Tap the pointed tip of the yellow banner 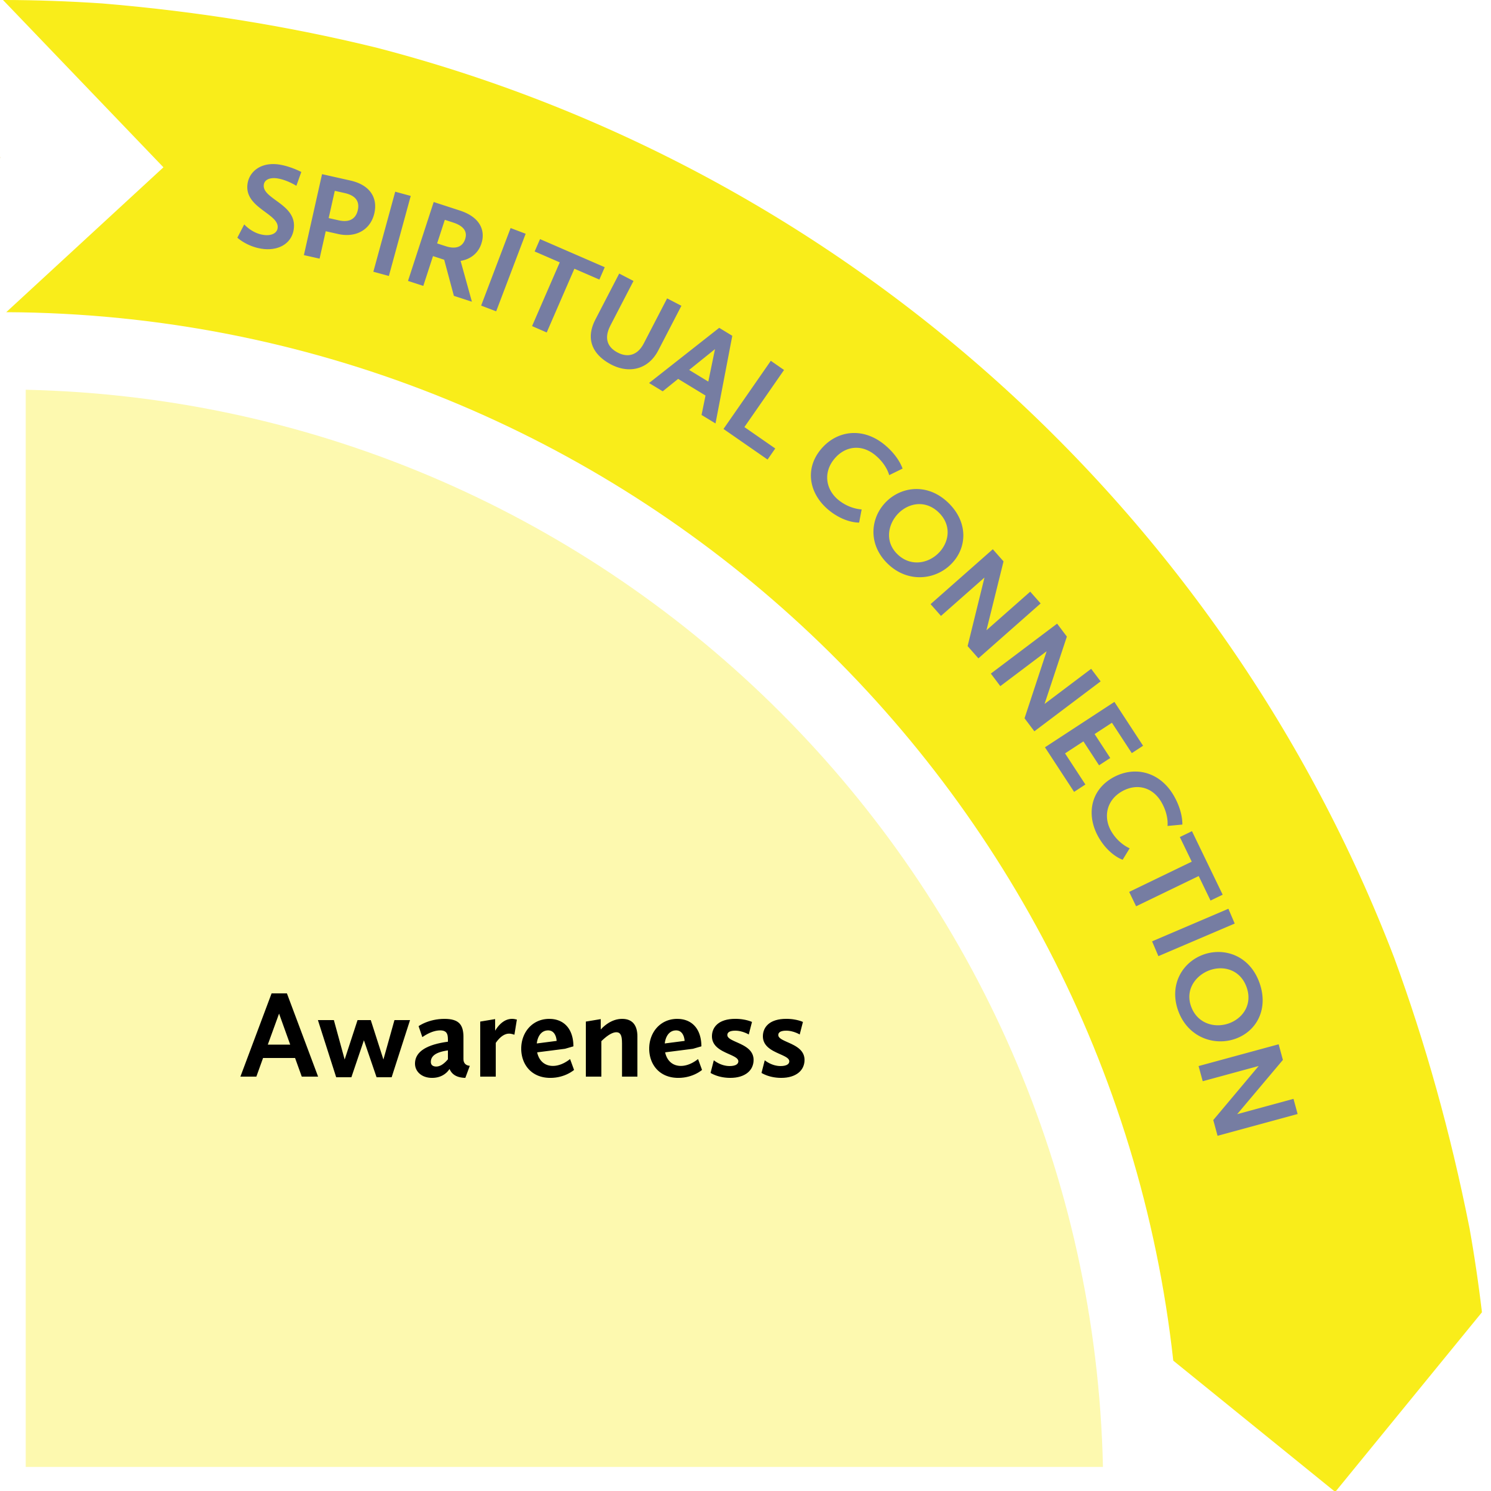1339,1485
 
